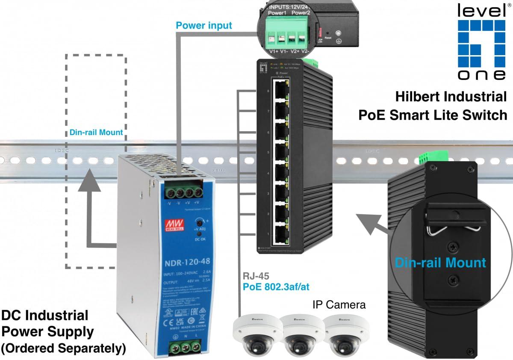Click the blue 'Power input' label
[204, 25]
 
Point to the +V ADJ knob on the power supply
[199, 222]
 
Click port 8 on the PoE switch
[281, 91]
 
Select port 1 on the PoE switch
[281, 234]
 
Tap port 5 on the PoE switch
[281, 152]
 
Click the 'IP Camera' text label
[339, 305]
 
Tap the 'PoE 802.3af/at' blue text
[276, 286]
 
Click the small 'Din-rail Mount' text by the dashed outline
[96, 133]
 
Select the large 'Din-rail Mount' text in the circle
[440, 262]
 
